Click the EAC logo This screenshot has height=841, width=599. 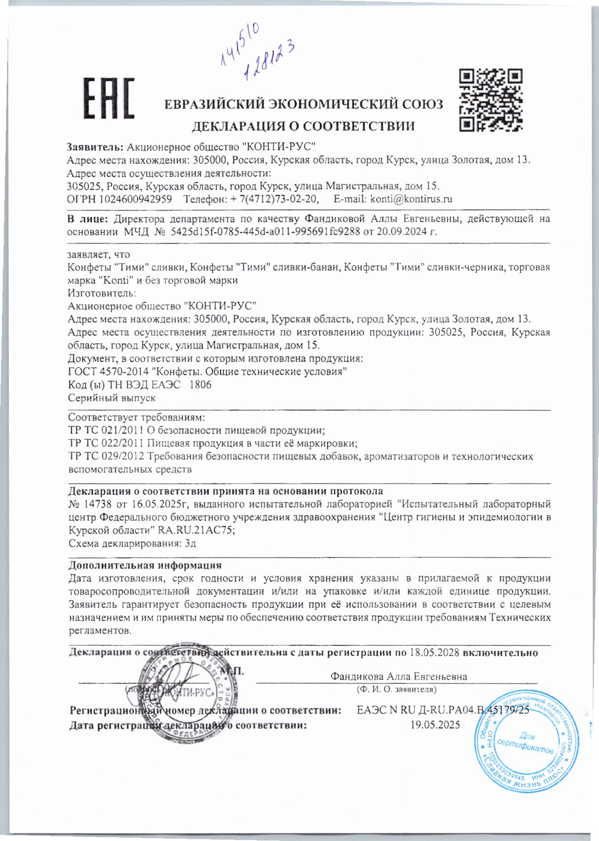click(109, 98)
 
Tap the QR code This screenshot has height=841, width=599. click(491, 99)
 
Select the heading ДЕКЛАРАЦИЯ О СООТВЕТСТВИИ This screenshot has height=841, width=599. click(303, 126)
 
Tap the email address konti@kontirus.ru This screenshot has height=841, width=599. click(411, 199)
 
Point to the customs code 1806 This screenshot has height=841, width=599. click(200, 385)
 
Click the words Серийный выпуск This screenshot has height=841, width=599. click(112, 398)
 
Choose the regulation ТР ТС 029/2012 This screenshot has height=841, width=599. click(107, 456)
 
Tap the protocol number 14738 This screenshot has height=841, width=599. click(96, 504)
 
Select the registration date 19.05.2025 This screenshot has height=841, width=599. click(435, 725)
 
